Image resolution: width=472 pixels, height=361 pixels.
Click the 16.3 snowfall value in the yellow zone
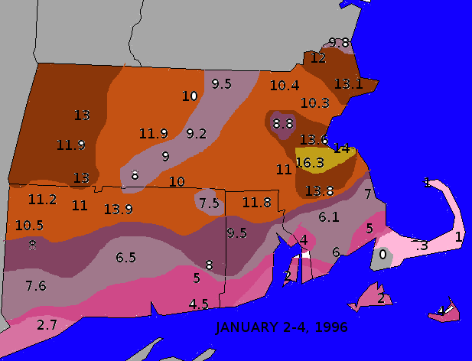pyautogui.click(x=310, y=162)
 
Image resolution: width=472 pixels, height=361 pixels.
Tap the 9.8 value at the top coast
pyautogui.click(x=339, y=42)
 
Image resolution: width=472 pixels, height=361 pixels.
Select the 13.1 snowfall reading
pyautogui.click(x=349, y=84)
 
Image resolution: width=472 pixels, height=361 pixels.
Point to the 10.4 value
pyautogui.click(x=285, y=86)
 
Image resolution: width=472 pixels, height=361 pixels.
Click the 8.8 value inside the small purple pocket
pyautogui.click(x=283, y=123)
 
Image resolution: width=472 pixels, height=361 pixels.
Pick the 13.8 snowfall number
pyautogui.click(x=319, y=190)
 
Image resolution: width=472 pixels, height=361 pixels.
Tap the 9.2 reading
pyautogui.click(x=197, y=134)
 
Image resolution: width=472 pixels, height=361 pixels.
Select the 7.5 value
pyautogui.click(x=209, y=203)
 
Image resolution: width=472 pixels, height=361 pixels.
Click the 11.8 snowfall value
pyautogui.click(x=256, y=203)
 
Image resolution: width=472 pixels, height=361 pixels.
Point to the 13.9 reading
pyautogui.click(x=119, y=209)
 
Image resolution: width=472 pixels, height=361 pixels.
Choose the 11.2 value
pyautogui.click(x=42, y=200)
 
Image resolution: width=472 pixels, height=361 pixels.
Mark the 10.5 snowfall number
pyautogui.click(x=29, y=226)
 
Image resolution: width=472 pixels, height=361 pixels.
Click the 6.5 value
pyautogui.click(x=125, y=259)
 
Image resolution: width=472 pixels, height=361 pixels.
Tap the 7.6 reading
pyautogui.click(x=36, y=286)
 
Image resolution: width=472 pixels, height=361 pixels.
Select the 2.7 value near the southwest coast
pyautogui.click(x=47, y=325)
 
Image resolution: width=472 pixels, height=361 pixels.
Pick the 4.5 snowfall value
pyautogui.click(x=199, y=304)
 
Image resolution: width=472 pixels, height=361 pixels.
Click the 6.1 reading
pyautogui.click(x=329, y=217)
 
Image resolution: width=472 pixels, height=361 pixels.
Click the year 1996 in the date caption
pyautogui.click(x=330, y=327)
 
